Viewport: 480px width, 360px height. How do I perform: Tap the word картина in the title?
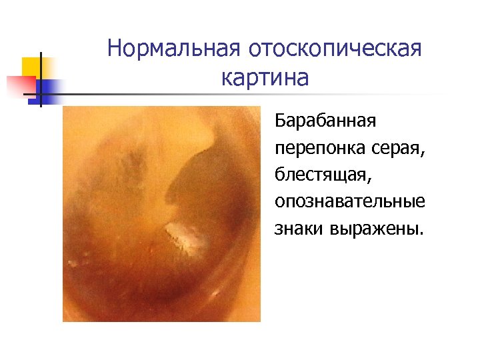click(x=265, y=78)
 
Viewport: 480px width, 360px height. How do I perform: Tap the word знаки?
click(x=297, y=229)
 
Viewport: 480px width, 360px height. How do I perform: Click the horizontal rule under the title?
click(x=253, y=94)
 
